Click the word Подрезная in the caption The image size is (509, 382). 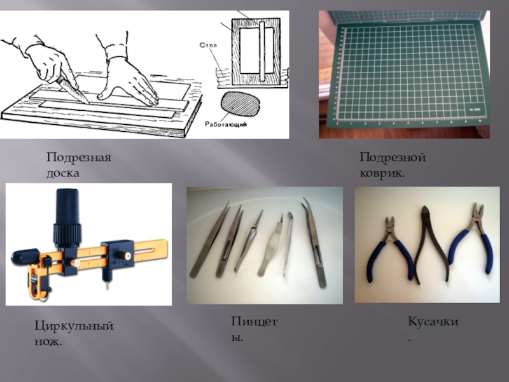coord(79,157)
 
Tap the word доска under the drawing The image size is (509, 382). coord(63,173)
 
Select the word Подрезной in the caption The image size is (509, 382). coord(393,157)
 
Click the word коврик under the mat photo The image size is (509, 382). coord(380,173)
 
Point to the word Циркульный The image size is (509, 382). coord(74,326)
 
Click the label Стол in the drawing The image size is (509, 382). coord(208,45)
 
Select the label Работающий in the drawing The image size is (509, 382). coord(226,124)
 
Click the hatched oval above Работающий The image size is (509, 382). coord(241,104)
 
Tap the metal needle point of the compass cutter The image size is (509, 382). coord(107,286)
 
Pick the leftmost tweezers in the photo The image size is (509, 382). coord(210,241)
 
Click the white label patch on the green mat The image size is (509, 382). coord(474,110)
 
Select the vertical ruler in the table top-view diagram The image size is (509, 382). coord(262,52)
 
